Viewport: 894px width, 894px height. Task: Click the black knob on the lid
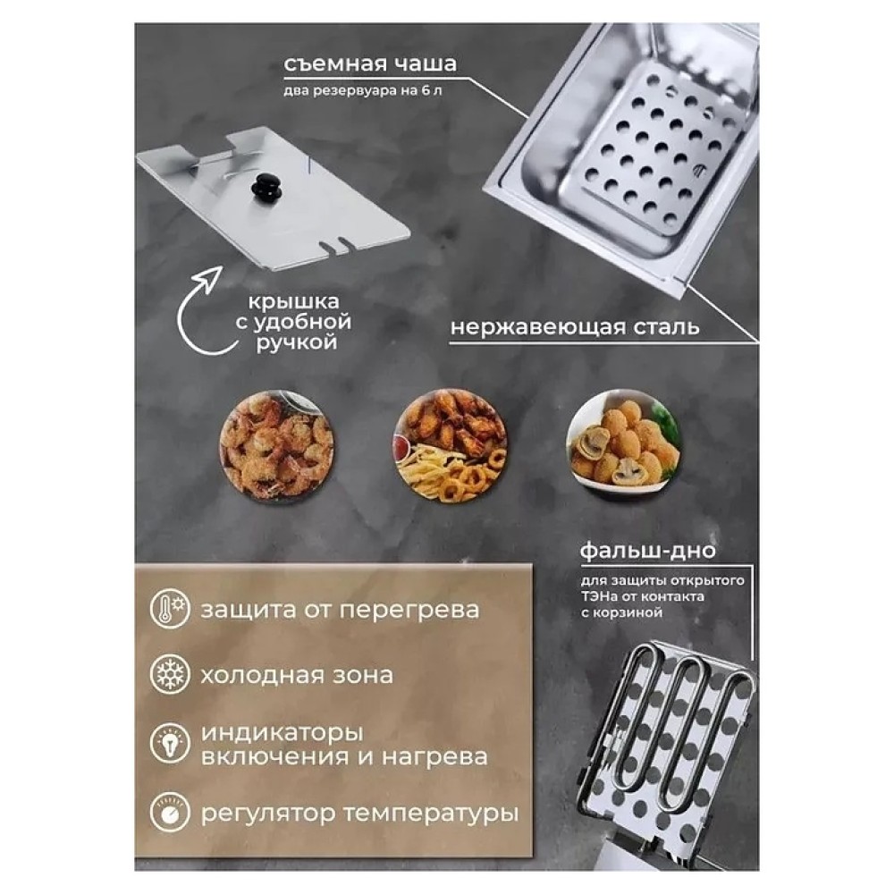point(266,188)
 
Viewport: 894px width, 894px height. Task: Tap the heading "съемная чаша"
point(370,63)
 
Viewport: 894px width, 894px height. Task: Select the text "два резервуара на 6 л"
point(363,90)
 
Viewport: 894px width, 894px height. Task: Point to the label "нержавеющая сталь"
point(575,327)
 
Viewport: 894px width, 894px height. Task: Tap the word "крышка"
point(293,301)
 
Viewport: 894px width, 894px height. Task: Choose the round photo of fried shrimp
point(277,446)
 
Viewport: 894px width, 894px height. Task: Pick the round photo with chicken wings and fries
point(451,446)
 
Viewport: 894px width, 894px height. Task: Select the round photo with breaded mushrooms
point(624,446)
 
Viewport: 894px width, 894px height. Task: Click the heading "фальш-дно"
point(647,551)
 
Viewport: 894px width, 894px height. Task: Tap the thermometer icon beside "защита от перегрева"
point(170,608)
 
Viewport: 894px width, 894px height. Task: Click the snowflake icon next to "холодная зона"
point(170,674)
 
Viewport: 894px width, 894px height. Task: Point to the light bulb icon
point(170,744)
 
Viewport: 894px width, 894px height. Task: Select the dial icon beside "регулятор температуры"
point(170,812)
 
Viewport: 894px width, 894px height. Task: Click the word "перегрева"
point(409,610)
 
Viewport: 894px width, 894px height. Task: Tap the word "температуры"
point(431,814)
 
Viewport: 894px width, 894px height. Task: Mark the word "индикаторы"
point(283,733)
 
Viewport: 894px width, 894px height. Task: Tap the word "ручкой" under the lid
point(297,343)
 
